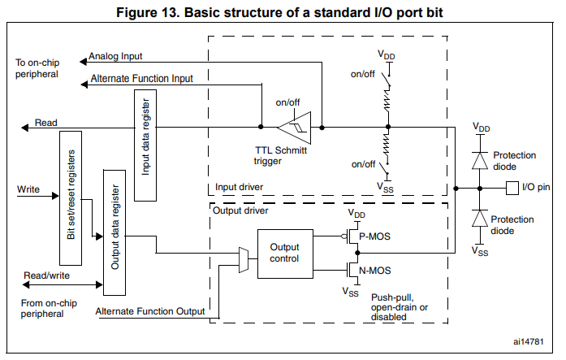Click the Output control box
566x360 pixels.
coord(284,253)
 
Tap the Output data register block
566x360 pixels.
coord(113,232)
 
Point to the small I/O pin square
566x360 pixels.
coord(512,188)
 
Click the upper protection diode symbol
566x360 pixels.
coord(480,158)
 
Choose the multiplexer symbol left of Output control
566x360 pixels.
coord(243,258)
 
